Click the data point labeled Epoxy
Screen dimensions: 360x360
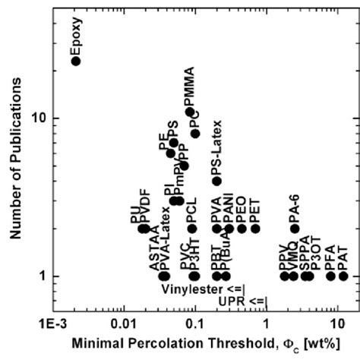[x=75, y=60]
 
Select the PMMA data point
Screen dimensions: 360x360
[x=190, y=112]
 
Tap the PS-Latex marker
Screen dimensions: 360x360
[x=216, y=181]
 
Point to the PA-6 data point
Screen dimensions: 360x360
[x=295, y=229]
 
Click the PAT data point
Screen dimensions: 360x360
[x=343, y=276]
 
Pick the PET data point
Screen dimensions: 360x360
[x=255, y=229]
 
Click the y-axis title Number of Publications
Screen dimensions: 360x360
[x=16, y=161]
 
